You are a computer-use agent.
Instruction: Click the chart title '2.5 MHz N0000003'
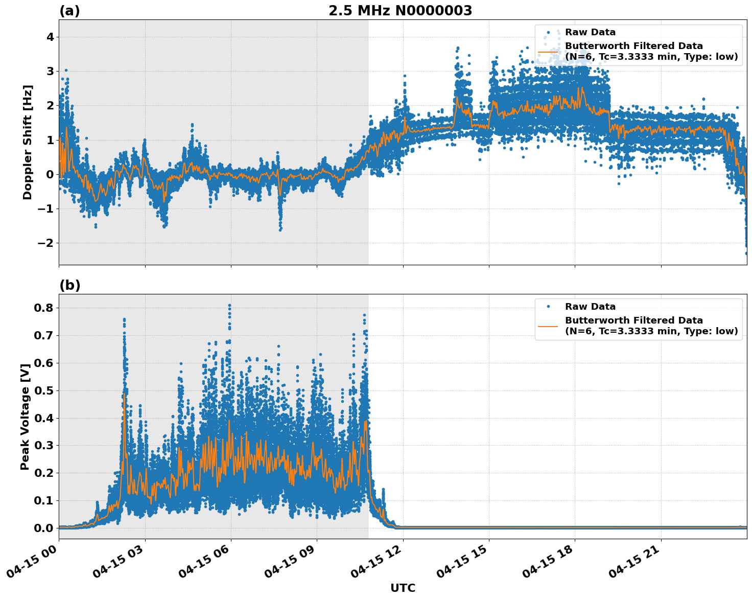coord(400,11)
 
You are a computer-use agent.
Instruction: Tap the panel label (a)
coord(69,11)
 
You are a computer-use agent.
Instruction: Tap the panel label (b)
coord(69,285)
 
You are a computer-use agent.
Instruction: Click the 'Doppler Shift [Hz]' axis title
coord(28,142)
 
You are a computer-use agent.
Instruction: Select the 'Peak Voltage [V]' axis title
coord(25,417)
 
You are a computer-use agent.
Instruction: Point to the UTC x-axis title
coord(403,588)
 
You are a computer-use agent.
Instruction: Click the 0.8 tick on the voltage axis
coord(45,308)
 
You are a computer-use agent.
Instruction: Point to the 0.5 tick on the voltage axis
coord(45,390)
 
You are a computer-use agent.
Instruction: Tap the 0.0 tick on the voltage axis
coord(45,528)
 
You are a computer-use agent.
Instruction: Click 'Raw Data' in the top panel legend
coord(590,33)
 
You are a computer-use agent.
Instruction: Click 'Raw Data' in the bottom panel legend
coord(590,307)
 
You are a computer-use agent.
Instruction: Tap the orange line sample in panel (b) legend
coord(548,326)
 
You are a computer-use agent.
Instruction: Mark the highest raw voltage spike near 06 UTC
coord(229,306)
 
